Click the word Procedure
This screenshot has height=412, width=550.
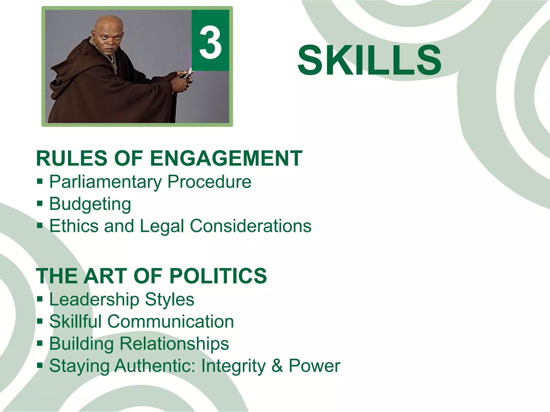[209, 182]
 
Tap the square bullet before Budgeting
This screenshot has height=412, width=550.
[40, 203]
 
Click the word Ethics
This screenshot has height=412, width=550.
[74, 226]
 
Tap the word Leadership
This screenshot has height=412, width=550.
[94, 300]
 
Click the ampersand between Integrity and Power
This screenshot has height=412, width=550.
[277, 366]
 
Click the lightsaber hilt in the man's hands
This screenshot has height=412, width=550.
[187, 74]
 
